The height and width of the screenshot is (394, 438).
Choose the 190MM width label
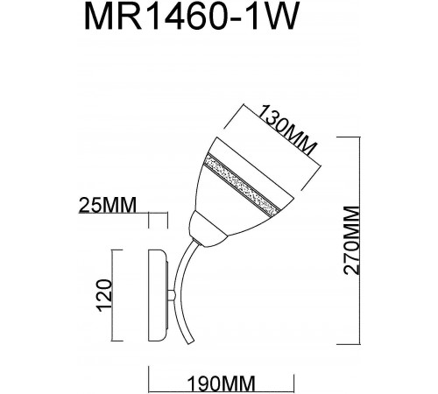220,382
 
